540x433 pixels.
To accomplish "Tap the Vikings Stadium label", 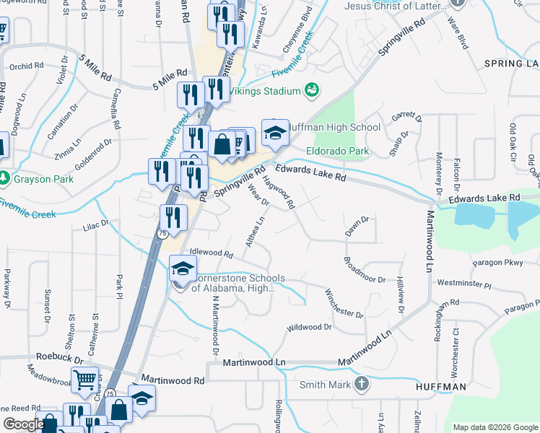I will click(264, 92).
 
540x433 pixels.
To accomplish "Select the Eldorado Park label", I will click(338, 152).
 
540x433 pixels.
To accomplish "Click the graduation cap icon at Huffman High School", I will click(275, 132).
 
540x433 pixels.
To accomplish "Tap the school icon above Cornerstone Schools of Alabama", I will click(183, 269).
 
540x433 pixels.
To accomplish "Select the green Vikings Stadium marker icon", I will click(312, 90).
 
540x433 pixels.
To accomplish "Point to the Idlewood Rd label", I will click(211, 254).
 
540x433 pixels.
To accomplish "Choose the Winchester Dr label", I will click(344, 303).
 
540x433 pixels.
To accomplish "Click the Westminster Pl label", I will click(463, 284).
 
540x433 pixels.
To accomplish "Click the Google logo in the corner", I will click(23, 424).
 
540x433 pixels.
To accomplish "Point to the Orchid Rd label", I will click(27, 66).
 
